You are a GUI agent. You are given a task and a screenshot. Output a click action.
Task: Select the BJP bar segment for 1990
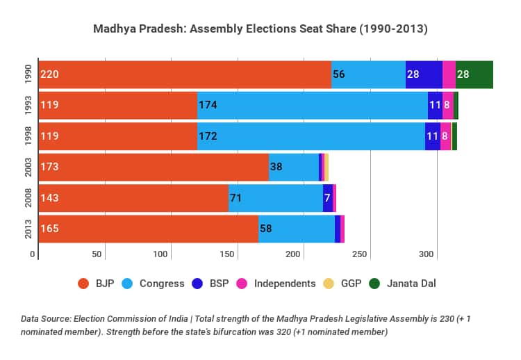pos(185,74)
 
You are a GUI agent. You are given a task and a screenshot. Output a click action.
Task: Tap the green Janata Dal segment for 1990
pos(474,74)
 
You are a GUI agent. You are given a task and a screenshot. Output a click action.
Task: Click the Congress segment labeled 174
pos(313,105)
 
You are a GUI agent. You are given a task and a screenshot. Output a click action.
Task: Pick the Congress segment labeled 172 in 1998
pos(311,136)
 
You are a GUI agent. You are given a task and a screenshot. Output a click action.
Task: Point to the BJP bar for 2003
pos(154,167)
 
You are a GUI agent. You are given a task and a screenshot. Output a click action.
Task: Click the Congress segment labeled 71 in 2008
pos(275,198)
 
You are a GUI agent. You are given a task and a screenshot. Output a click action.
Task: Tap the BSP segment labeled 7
pos(327,198)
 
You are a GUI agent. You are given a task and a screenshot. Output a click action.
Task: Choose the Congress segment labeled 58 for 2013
pos(296,229)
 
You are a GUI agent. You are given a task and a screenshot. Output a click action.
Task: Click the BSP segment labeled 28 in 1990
pos(424,74)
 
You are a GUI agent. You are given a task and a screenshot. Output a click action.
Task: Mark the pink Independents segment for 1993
pos(447,105)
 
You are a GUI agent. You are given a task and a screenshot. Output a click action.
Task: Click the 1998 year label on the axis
pos(28,136)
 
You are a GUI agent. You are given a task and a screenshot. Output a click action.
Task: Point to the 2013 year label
pos(28,229)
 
